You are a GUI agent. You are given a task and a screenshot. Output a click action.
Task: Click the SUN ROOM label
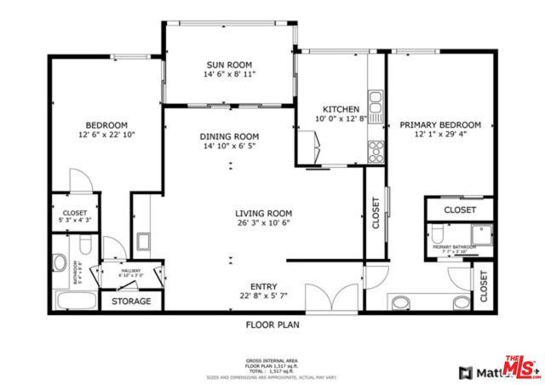230,65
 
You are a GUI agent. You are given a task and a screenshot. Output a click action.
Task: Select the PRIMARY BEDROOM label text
440,124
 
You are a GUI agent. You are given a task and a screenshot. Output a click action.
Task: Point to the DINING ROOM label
229,136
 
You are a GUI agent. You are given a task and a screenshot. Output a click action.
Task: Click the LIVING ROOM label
264,214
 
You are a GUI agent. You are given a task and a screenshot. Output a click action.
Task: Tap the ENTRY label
263,286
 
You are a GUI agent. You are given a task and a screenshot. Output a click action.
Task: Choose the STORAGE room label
132,302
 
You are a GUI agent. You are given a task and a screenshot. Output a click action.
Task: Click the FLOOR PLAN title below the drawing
272,325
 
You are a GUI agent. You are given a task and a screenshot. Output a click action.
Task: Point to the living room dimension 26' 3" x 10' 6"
264,225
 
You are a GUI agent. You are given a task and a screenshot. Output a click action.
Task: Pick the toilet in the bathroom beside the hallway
60,265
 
